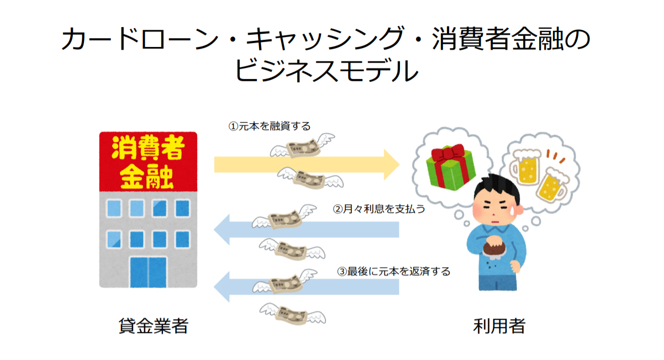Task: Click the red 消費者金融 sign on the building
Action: [x=147, y=162]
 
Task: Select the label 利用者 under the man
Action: [x=499, y=326]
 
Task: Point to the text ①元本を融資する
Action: [x=270, y=126]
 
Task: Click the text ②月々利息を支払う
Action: [x=378, y=209]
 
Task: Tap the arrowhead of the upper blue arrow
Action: [x=222, y=229]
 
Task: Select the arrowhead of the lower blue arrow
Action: [x=222, y=287]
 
